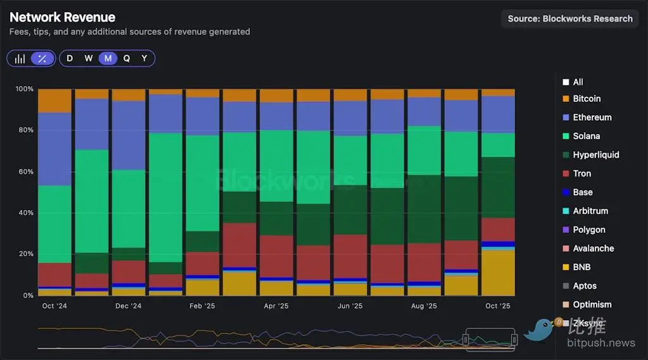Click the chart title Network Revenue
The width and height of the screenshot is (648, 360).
(63, 18)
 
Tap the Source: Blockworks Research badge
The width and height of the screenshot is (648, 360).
(570, 18)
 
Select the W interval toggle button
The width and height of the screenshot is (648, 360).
(89, 58)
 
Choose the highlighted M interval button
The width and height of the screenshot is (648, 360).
(108, 58)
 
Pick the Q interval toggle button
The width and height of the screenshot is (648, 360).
(127, 58)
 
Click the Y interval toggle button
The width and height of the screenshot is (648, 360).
(144, 58)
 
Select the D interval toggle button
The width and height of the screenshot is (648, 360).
(70, 58)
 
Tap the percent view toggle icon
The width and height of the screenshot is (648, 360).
(42, 59)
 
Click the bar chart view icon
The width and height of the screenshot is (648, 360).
(20, 59)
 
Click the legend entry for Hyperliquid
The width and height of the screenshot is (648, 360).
(595, 155)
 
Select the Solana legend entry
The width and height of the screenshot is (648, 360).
(586, 136)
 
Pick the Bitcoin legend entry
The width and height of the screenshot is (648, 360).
(587, 99)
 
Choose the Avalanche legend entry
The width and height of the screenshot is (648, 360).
(593, 249)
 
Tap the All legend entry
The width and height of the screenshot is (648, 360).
(578, 82)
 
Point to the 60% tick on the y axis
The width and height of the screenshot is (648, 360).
(24, 171)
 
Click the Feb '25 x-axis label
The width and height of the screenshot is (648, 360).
(202, 306)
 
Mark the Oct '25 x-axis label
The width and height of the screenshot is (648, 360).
(498, 306)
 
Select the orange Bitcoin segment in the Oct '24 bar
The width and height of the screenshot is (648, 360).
(54, 101)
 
